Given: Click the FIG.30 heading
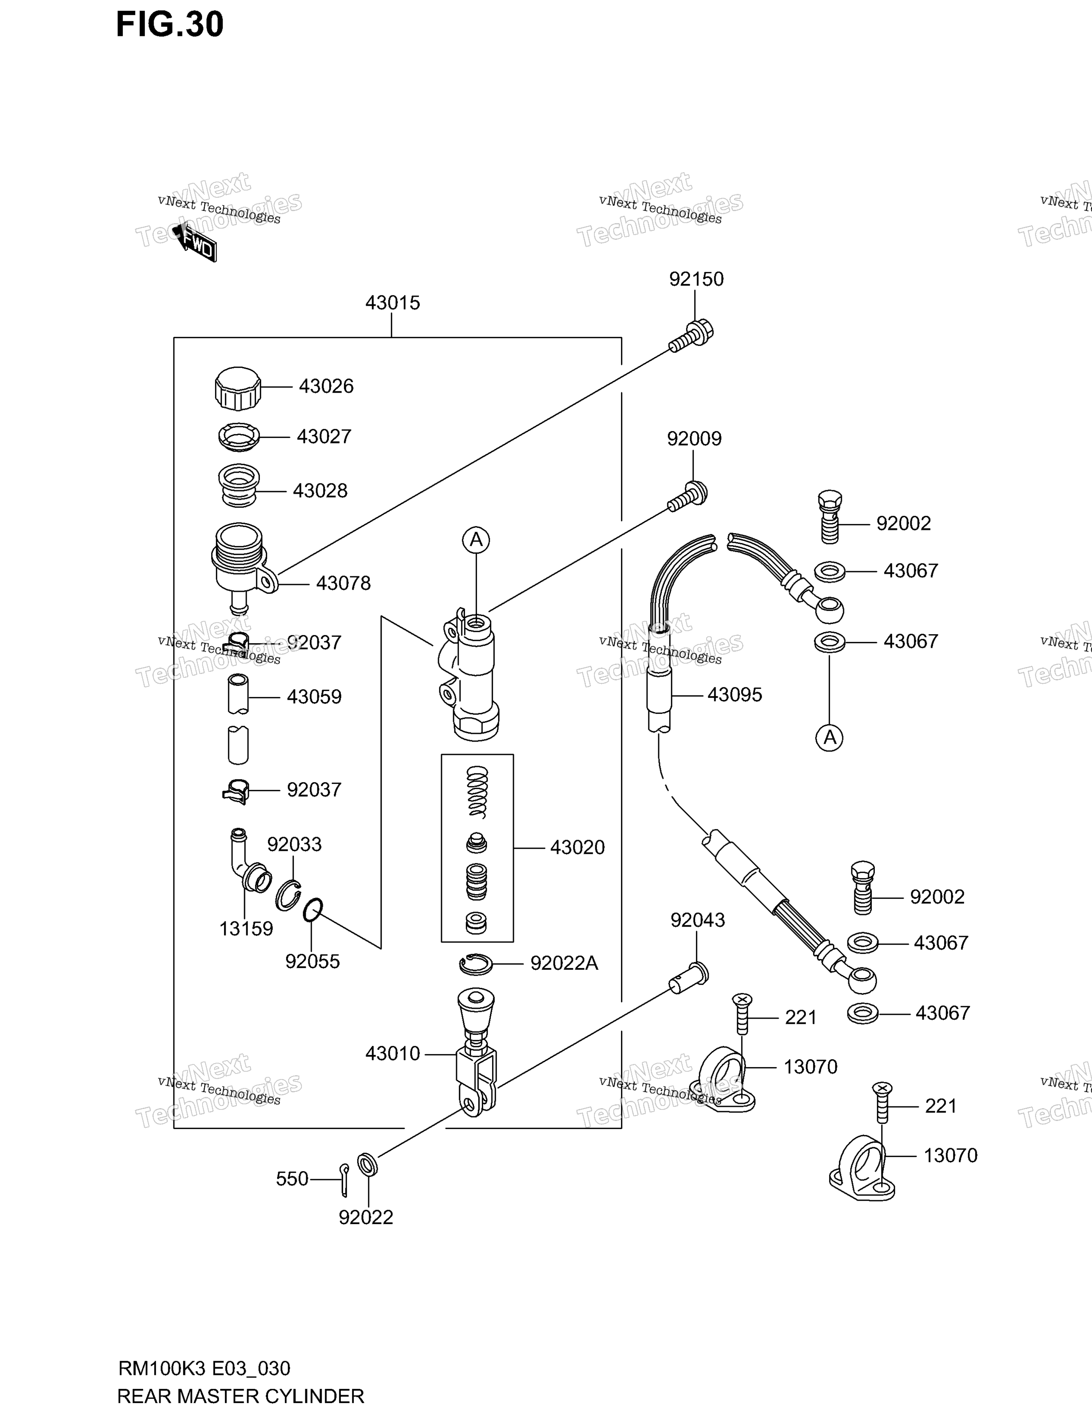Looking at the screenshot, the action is pos(170,24).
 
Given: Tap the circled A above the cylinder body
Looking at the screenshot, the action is pos(476,539).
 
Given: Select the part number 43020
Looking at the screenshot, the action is pos(577,847).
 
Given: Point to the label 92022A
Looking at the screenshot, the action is pos(564,964).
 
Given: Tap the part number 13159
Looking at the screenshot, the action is pos(246,929).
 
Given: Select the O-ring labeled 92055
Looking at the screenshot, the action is pos(313,910).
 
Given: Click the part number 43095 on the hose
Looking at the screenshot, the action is pos(735,695).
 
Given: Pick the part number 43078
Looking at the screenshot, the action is pos(343,584).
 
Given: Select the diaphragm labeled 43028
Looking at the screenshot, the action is pos(239,486).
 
